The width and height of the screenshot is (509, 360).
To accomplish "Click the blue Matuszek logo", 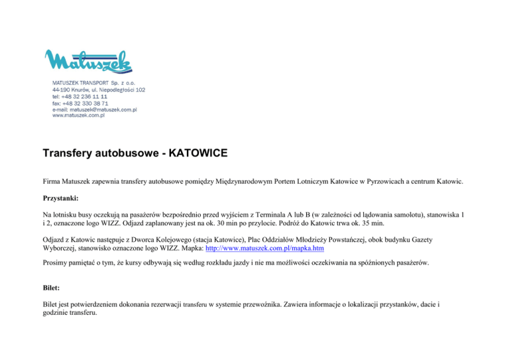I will pyautogui.click(x=89, y=62).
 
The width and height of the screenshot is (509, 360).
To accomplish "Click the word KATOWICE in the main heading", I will pyautogui.click(x=198, y=154).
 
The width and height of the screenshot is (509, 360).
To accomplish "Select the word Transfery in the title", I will pyautogui.click(x=73, y=154).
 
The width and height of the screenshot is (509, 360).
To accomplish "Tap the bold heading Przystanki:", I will pyautogui.click(x=61, y=198).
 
